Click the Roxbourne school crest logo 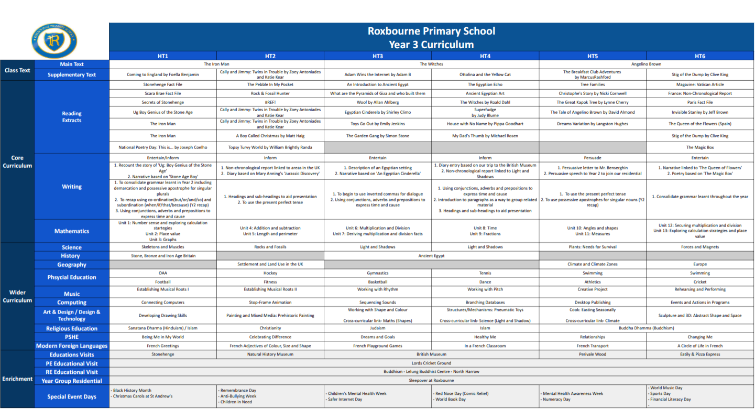pyautogui.click(x=54, y=40)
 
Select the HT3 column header pyautogui.click(x=377, y=56)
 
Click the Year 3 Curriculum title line pyautogui.click(x=431, y=45)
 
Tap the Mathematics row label pyautogui.click(x=71, y=231)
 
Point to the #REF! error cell pyautogui.click(x=270, y=102)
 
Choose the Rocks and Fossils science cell pyautogui.click(x=270, y=247)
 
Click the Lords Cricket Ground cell pyautogui.click(x=431, y=363)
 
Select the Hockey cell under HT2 pyautogui.click(x=270, y=273)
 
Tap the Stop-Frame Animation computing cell pyautogui.click(x=270, y=303)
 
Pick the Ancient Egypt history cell pyautogui.click(x=431, y=256)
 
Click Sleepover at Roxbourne pyautogui.click(x=431, y=380)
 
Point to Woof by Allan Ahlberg pyautogui.click(x=377, y=102)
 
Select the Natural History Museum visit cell pyautogui.click(x=270, y=354)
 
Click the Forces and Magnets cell pyautogui.click(x=700, y=247)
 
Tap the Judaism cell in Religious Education pyautogui.click(x=377, y=328)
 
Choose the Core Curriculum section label pyautogui.click(x=17, y=162)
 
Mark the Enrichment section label pyautogui.click(x=17, y=379)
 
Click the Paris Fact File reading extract pyautogui.click(x=700, y=102)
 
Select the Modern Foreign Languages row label pyautogui.click(x=71, y=346)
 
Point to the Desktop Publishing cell pyautogui.click(x=592, y=303)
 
